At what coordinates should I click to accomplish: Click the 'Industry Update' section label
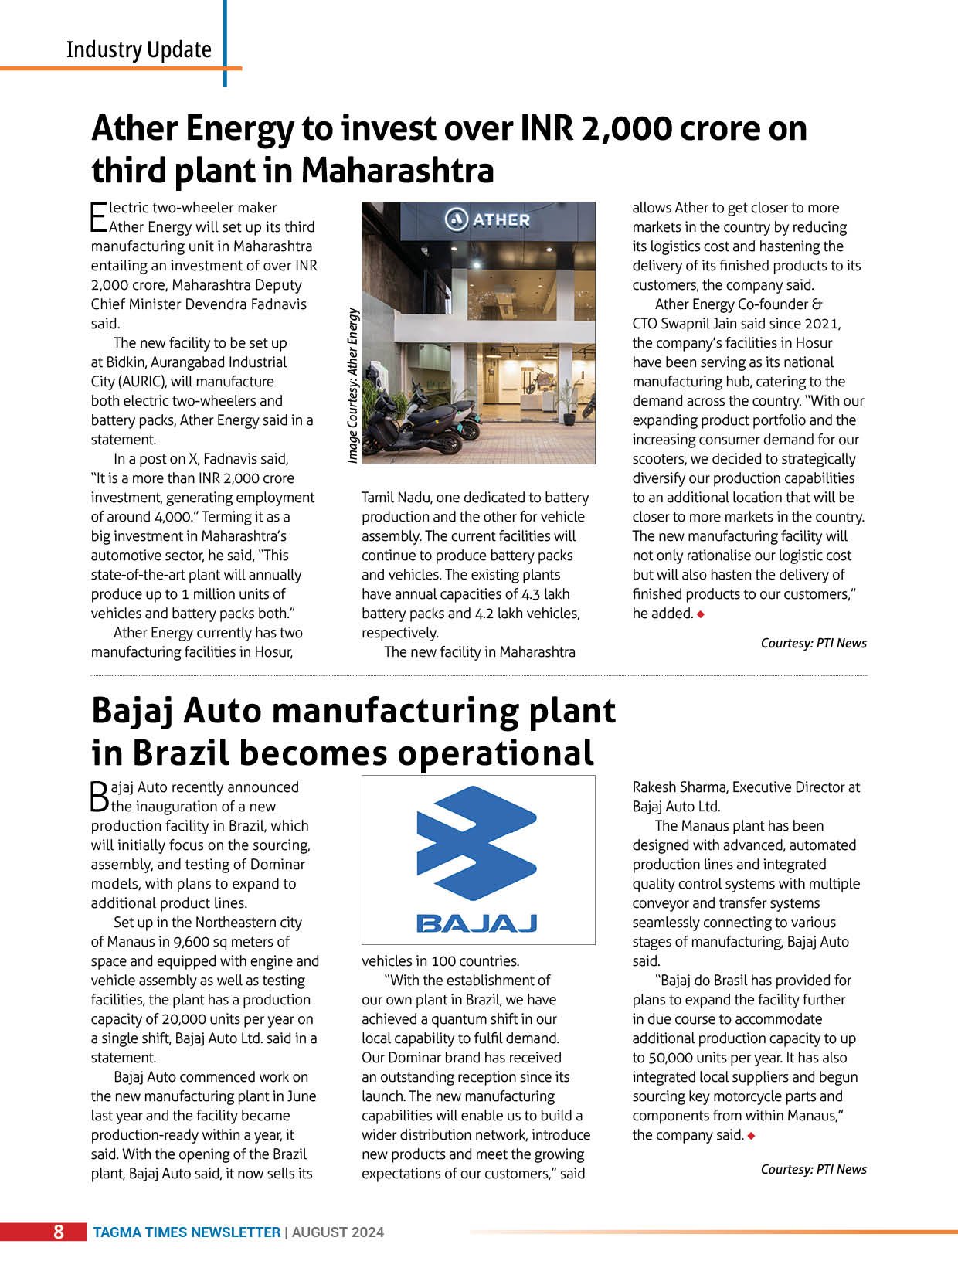coord(138,49)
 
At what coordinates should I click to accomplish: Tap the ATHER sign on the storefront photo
coord(488,219)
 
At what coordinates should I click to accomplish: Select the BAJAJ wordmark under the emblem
coord(477,923)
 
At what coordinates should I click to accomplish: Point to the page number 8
coord(58,1232)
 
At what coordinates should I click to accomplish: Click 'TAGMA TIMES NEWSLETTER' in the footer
coord(187,1232)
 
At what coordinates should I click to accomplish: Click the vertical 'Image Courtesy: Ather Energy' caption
coord(353,386)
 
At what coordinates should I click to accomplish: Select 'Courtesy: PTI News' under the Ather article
coord(813,643)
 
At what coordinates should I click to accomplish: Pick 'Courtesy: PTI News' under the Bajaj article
coord(813,1169)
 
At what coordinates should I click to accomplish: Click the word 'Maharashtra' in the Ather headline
coord(397,171)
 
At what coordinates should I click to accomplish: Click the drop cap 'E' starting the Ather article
coord(98,217)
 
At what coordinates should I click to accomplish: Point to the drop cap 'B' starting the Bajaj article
coord(100,796)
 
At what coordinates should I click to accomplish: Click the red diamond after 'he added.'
coord(701,614)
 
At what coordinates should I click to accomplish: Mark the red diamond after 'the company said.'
coord(751,1136)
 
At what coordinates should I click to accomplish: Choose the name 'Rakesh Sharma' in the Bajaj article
coord(678,787)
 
